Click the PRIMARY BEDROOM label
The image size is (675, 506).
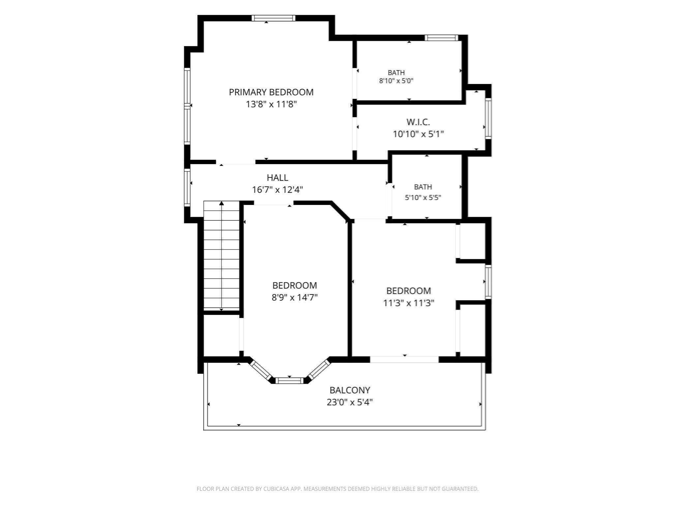(x=271, y=92)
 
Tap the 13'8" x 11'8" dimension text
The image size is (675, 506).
(x=271, y=104)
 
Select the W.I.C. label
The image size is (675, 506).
(x=418, y=122)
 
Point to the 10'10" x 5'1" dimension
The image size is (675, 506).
(x=418, y=134)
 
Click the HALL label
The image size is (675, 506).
(x=278, y=178)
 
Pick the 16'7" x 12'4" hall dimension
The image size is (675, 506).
(x=278, y=190)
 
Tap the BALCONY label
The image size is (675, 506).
(x=350, y=390)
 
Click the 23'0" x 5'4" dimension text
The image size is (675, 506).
(x=350, y=402)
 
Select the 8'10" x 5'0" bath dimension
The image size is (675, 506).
(x=396, y=81)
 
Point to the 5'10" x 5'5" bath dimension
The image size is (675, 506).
(x=423, y=198)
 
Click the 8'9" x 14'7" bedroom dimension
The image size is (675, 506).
(x=294, y=297)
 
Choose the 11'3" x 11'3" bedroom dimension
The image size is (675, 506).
(x=408, y=303)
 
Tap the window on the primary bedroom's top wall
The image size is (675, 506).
(x=273, y=18)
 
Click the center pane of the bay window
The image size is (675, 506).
(x=289, y=381)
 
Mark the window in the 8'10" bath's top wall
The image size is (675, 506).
(x=441, y=38)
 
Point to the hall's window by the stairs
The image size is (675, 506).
(x=187, y=187)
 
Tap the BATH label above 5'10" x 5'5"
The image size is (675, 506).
(x=423, y=187)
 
